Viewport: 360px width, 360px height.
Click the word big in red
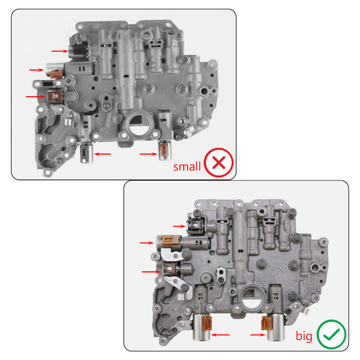click(304, 336)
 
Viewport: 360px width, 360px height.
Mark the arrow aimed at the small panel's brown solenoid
click(34, 96)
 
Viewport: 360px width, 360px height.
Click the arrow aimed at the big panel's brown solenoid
click(150, 271)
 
